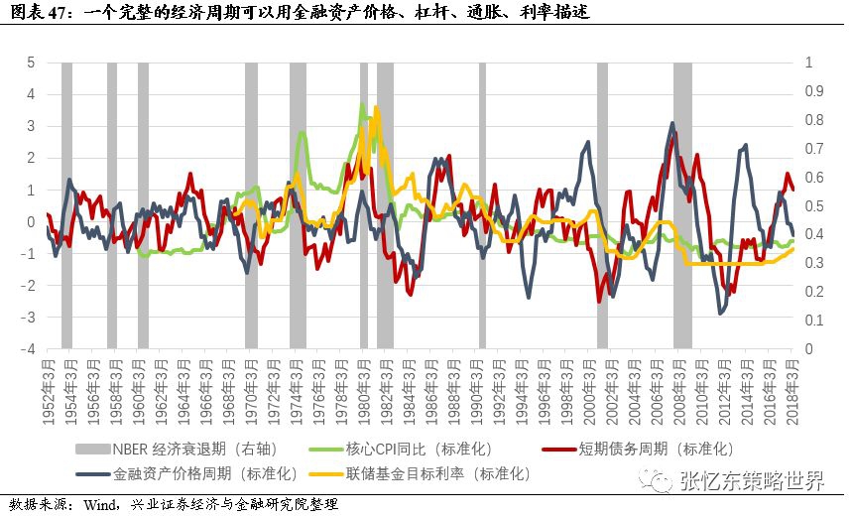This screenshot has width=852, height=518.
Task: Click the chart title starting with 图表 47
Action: point(299,12)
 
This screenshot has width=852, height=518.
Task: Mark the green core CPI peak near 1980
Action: point(363,104)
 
